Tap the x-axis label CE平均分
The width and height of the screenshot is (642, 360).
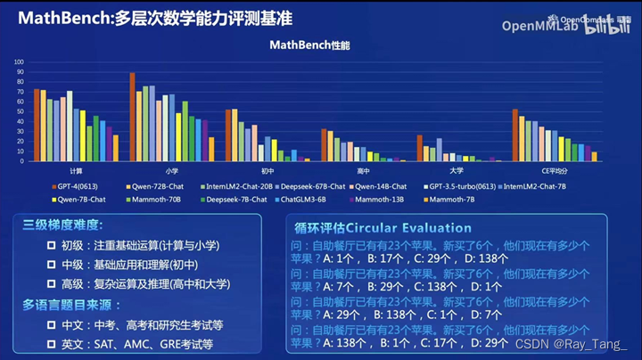pos(554,169)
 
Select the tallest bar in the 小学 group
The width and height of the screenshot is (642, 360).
pos(133,117)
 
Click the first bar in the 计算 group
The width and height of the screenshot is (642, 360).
pos(37,125)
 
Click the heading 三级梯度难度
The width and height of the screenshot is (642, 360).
pos(63,225)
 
